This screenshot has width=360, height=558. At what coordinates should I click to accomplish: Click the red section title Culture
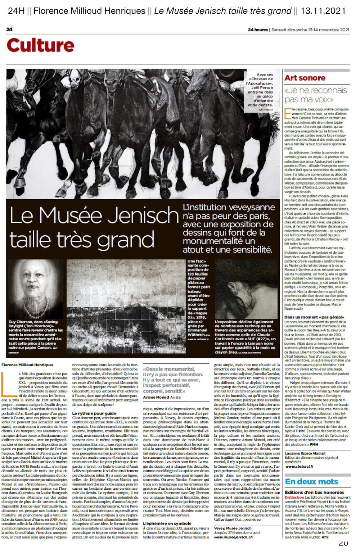(x=40, y=45)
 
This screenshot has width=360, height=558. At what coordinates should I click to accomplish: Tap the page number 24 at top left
(x=9, y=30)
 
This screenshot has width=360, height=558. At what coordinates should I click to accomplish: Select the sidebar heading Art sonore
(x=305, y=78)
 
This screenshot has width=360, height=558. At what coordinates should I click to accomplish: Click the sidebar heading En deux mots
(x=311, y=481)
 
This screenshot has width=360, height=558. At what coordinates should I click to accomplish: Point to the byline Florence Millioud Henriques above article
(x=27, y=365)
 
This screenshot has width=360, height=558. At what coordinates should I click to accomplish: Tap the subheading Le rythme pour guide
(x=94, y=413)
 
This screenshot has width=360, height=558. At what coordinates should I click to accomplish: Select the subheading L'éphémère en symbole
(x=167, y=523)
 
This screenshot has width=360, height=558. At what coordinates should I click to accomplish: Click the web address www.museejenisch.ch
(x=233, y=537)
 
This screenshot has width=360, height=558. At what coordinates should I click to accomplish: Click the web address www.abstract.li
(x=299, y=466)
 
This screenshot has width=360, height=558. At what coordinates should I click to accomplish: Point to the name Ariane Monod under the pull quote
(x=156, y=397)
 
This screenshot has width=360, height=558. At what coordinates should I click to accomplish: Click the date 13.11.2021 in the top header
(x=323, y=11)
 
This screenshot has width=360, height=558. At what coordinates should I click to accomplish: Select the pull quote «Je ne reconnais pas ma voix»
(x=316, y=95)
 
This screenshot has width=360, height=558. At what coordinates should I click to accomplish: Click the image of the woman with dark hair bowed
(x=246, y=289)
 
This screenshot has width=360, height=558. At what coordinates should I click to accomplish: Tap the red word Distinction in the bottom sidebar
(x=294, y=498)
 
